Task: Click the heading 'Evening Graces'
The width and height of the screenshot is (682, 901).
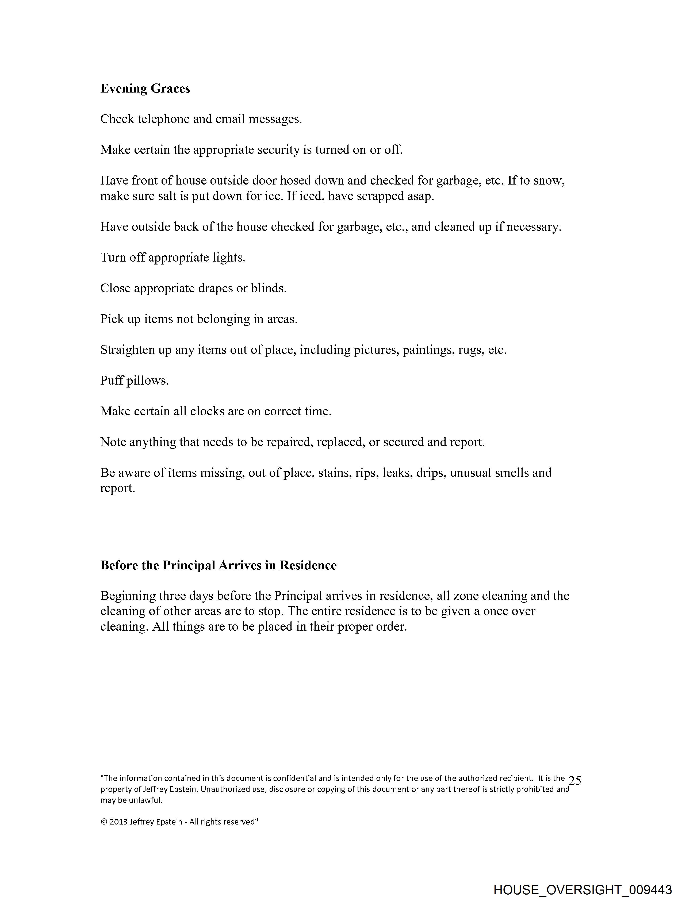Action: [x=145, y=89]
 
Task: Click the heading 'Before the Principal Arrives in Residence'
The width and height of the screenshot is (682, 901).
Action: [x=218, y=565]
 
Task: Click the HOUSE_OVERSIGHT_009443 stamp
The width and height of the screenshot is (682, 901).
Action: [x=583, y=890]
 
